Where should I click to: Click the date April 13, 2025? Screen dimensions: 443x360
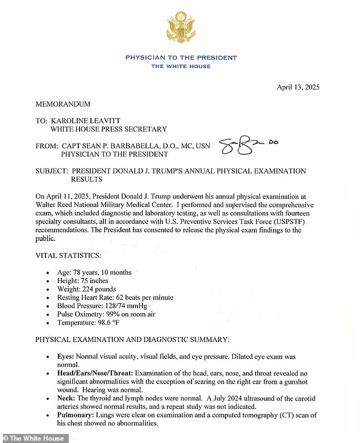point(298,87)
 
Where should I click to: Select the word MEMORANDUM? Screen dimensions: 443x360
point(63,104)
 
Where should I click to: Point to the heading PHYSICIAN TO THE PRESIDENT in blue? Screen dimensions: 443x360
point(181,58)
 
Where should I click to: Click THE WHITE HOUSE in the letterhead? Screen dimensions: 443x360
point(181,66)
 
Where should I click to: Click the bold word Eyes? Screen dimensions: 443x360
point(66,357)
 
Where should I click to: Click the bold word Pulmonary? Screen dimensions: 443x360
point(76,415)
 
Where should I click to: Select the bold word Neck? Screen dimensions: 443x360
point(66,399)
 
